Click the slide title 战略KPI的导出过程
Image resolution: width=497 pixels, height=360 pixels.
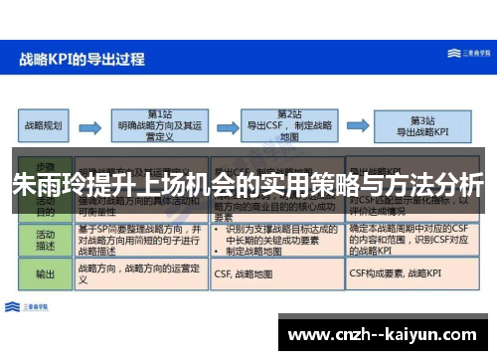tap(83, 59)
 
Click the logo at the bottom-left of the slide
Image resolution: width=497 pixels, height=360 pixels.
tap(30, 304)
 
